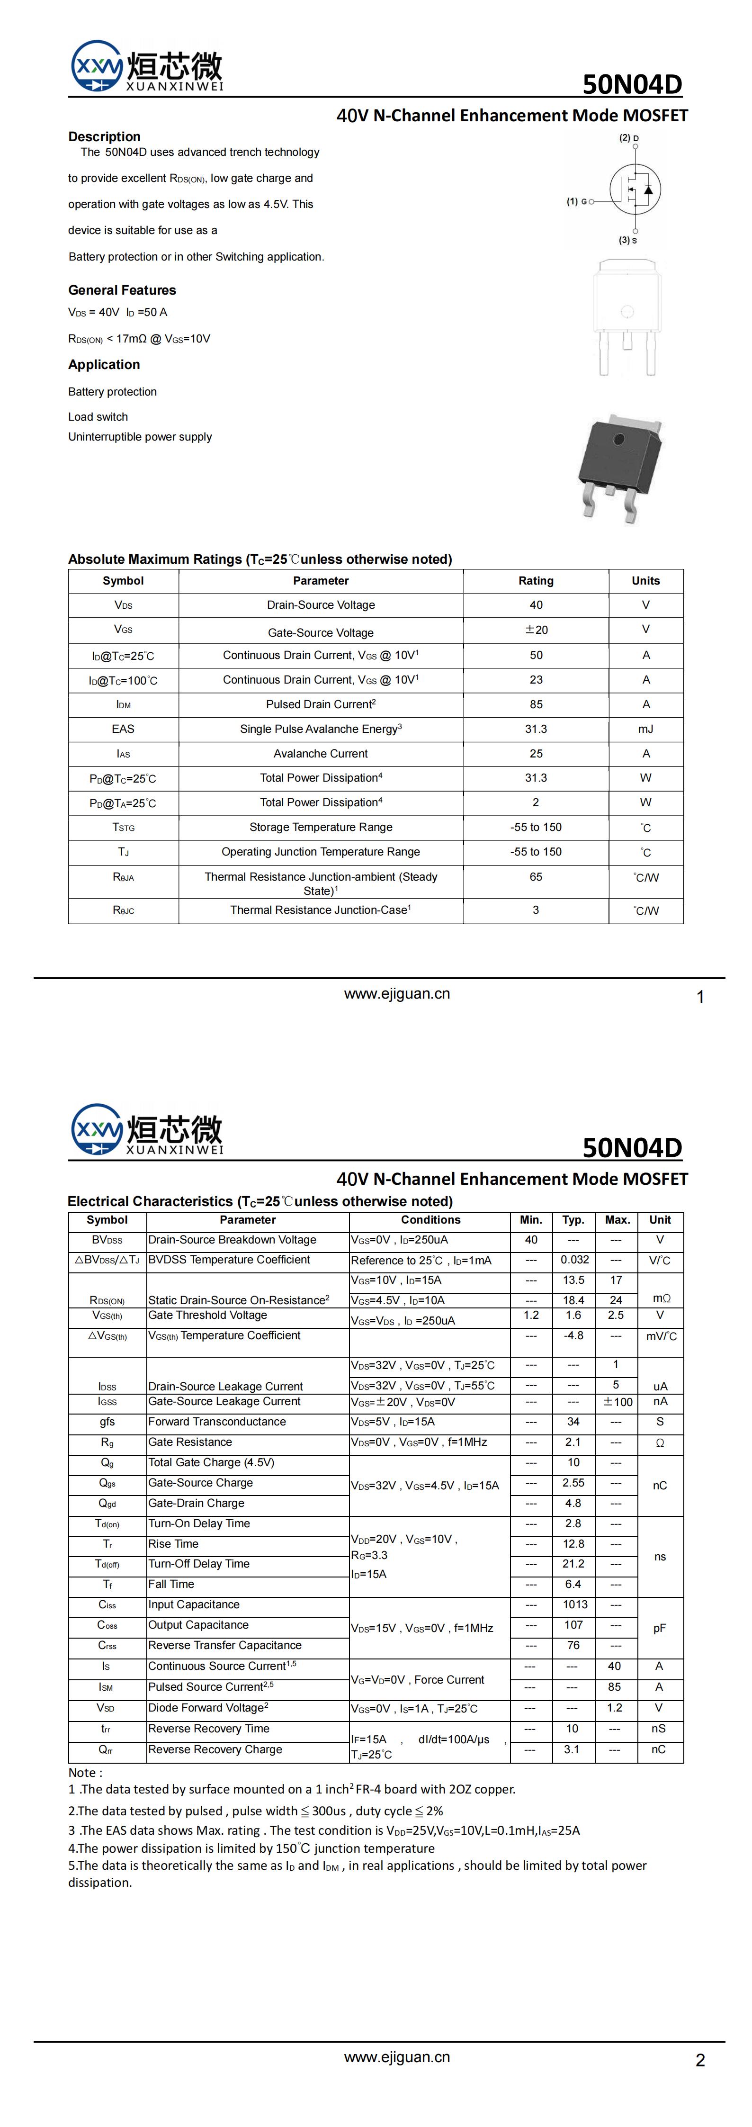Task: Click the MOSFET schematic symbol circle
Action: click(635, 188)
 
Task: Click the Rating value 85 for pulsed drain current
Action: click(536, 704)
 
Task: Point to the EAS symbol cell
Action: click(123, 729)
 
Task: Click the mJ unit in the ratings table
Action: click(645, 729)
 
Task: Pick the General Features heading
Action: click(122, 290)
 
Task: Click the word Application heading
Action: click(104, 364)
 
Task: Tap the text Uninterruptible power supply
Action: click(140, 437)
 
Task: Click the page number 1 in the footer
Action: click(700, 998)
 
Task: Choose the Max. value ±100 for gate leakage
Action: click(618, 1401)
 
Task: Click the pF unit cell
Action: click(660, 1625)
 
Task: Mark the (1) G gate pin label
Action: click(576, 201)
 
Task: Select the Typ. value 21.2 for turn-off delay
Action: click(573, 1564)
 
